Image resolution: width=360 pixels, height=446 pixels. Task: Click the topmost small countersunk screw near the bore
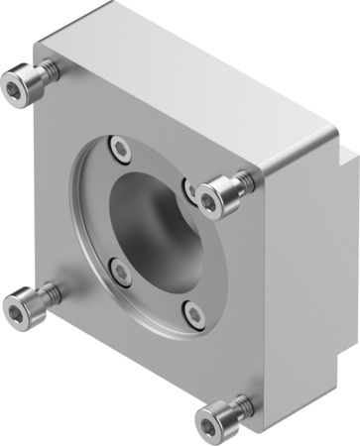(x=121, y=150)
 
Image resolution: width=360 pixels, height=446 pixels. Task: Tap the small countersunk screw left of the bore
(x=119, y=269)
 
